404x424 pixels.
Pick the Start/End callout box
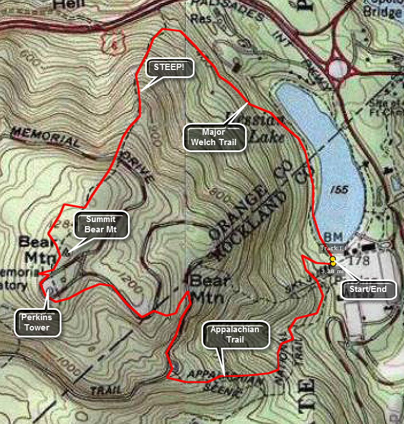(x=368, y=290)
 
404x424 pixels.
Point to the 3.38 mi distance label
(x=331, y=270)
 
